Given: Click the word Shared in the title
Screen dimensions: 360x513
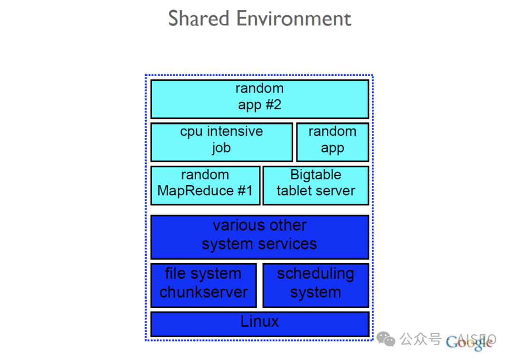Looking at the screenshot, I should tap(199, 19).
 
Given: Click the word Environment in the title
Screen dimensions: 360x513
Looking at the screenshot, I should tap(294, 19).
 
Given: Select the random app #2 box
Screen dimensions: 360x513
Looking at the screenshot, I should tap(259, 99).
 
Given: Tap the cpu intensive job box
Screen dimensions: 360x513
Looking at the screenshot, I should tap(221, 142).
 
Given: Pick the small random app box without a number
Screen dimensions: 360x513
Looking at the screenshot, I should tap(332, 142).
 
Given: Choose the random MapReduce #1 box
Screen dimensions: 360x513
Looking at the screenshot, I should tap(205, 185).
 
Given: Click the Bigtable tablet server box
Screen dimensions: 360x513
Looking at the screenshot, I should tap(315, 185).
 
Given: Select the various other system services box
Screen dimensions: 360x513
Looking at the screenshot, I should tap(259, 237).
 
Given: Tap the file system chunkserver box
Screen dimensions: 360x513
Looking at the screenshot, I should tap(203, 285).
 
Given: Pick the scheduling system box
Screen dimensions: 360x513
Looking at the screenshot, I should tap(315, 285).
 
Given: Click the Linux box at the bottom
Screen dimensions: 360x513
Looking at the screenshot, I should tap(259, 323).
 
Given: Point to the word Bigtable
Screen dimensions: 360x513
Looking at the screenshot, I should tap(315, 175).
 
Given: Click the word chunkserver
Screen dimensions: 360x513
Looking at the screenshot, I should tap(203, 292).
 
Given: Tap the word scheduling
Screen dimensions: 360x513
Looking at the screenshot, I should tap(315, 274).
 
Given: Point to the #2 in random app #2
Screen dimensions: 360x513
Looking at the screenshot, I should tap(273, 104).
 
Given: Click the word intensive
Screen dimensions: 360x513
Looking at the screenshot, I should tap(235, 132).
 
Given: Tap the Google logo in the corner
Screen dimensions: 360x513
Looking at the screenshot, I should tap(469, 342).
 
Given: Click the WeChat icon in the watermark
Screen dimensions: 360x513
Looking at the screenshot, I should tap(386, 339).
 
